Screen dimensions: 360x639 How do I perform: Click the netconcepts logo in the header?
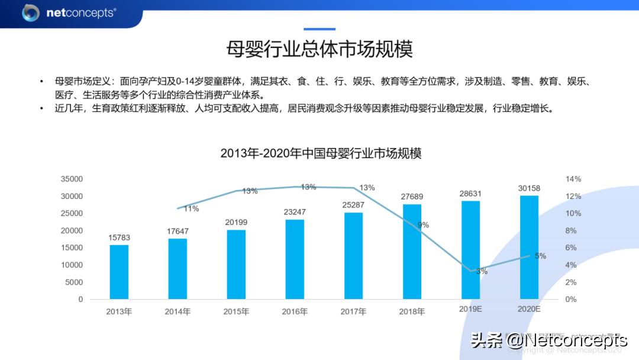[x=69, y=12]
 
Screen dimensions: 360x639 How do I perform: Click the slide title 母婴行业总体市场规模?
[x=319, y=49]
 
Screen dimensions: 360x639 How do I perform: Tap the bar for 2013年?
[x=119, y=272]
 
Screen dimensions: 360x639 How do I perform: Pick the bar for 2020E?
[x=529, y=247]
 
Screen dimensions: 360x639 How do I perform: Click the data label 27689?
[x=412, y=196]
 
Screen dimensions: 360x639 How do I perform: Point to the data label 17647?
[x=177, y=230]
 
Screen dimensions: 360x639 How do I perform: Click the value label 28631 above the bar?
[x=470, y=193]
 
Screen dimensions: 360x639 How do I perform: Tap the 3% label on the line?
[x=482, y=271]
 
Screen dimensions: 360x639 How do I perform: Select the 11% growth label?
[x=191, y=208]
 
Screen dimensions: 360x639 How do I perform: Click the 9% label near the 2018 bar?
[x=423, y=225]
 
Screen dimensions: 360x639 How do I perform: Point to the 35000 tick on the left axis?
[x=72, y=179]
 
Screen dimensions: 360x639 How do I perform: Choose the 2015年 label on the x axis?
[x=236, y=311]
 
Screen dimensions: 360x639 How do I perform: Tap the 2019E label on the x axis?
[x=470, y=309]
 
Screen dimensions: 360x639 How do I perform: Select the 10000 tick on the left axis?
[x=72, y=265]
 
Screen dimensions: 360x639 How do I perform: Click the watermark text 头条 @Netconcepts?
[x=548, y=340]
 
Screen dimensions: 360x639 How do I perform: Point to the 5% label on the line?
[x=540, y=256]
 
